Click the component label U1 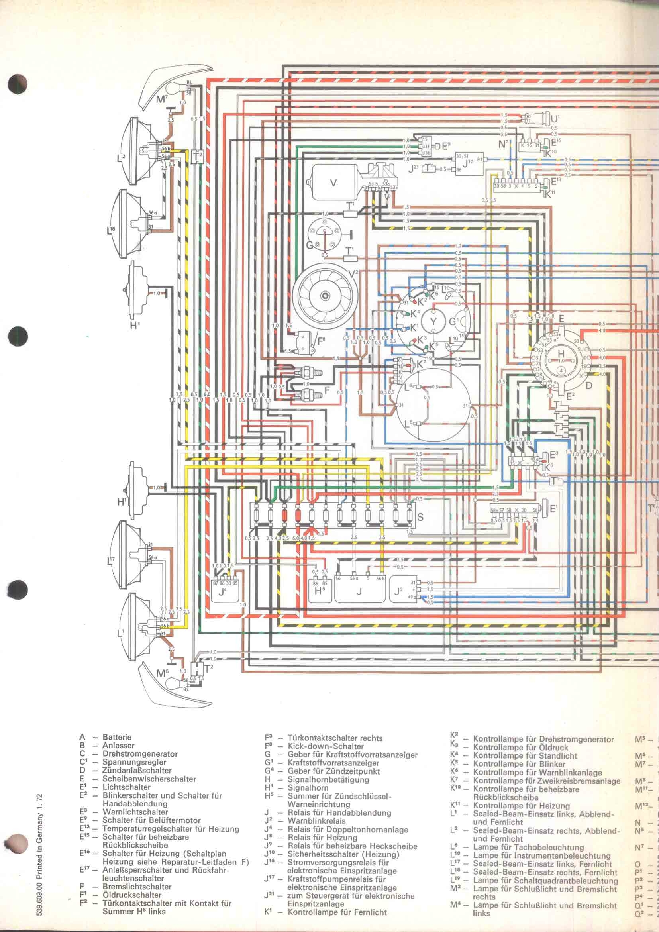tap(555, 118)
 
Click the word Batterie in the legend tap(117, 737)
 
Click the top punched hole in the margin tap(18, 84)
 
